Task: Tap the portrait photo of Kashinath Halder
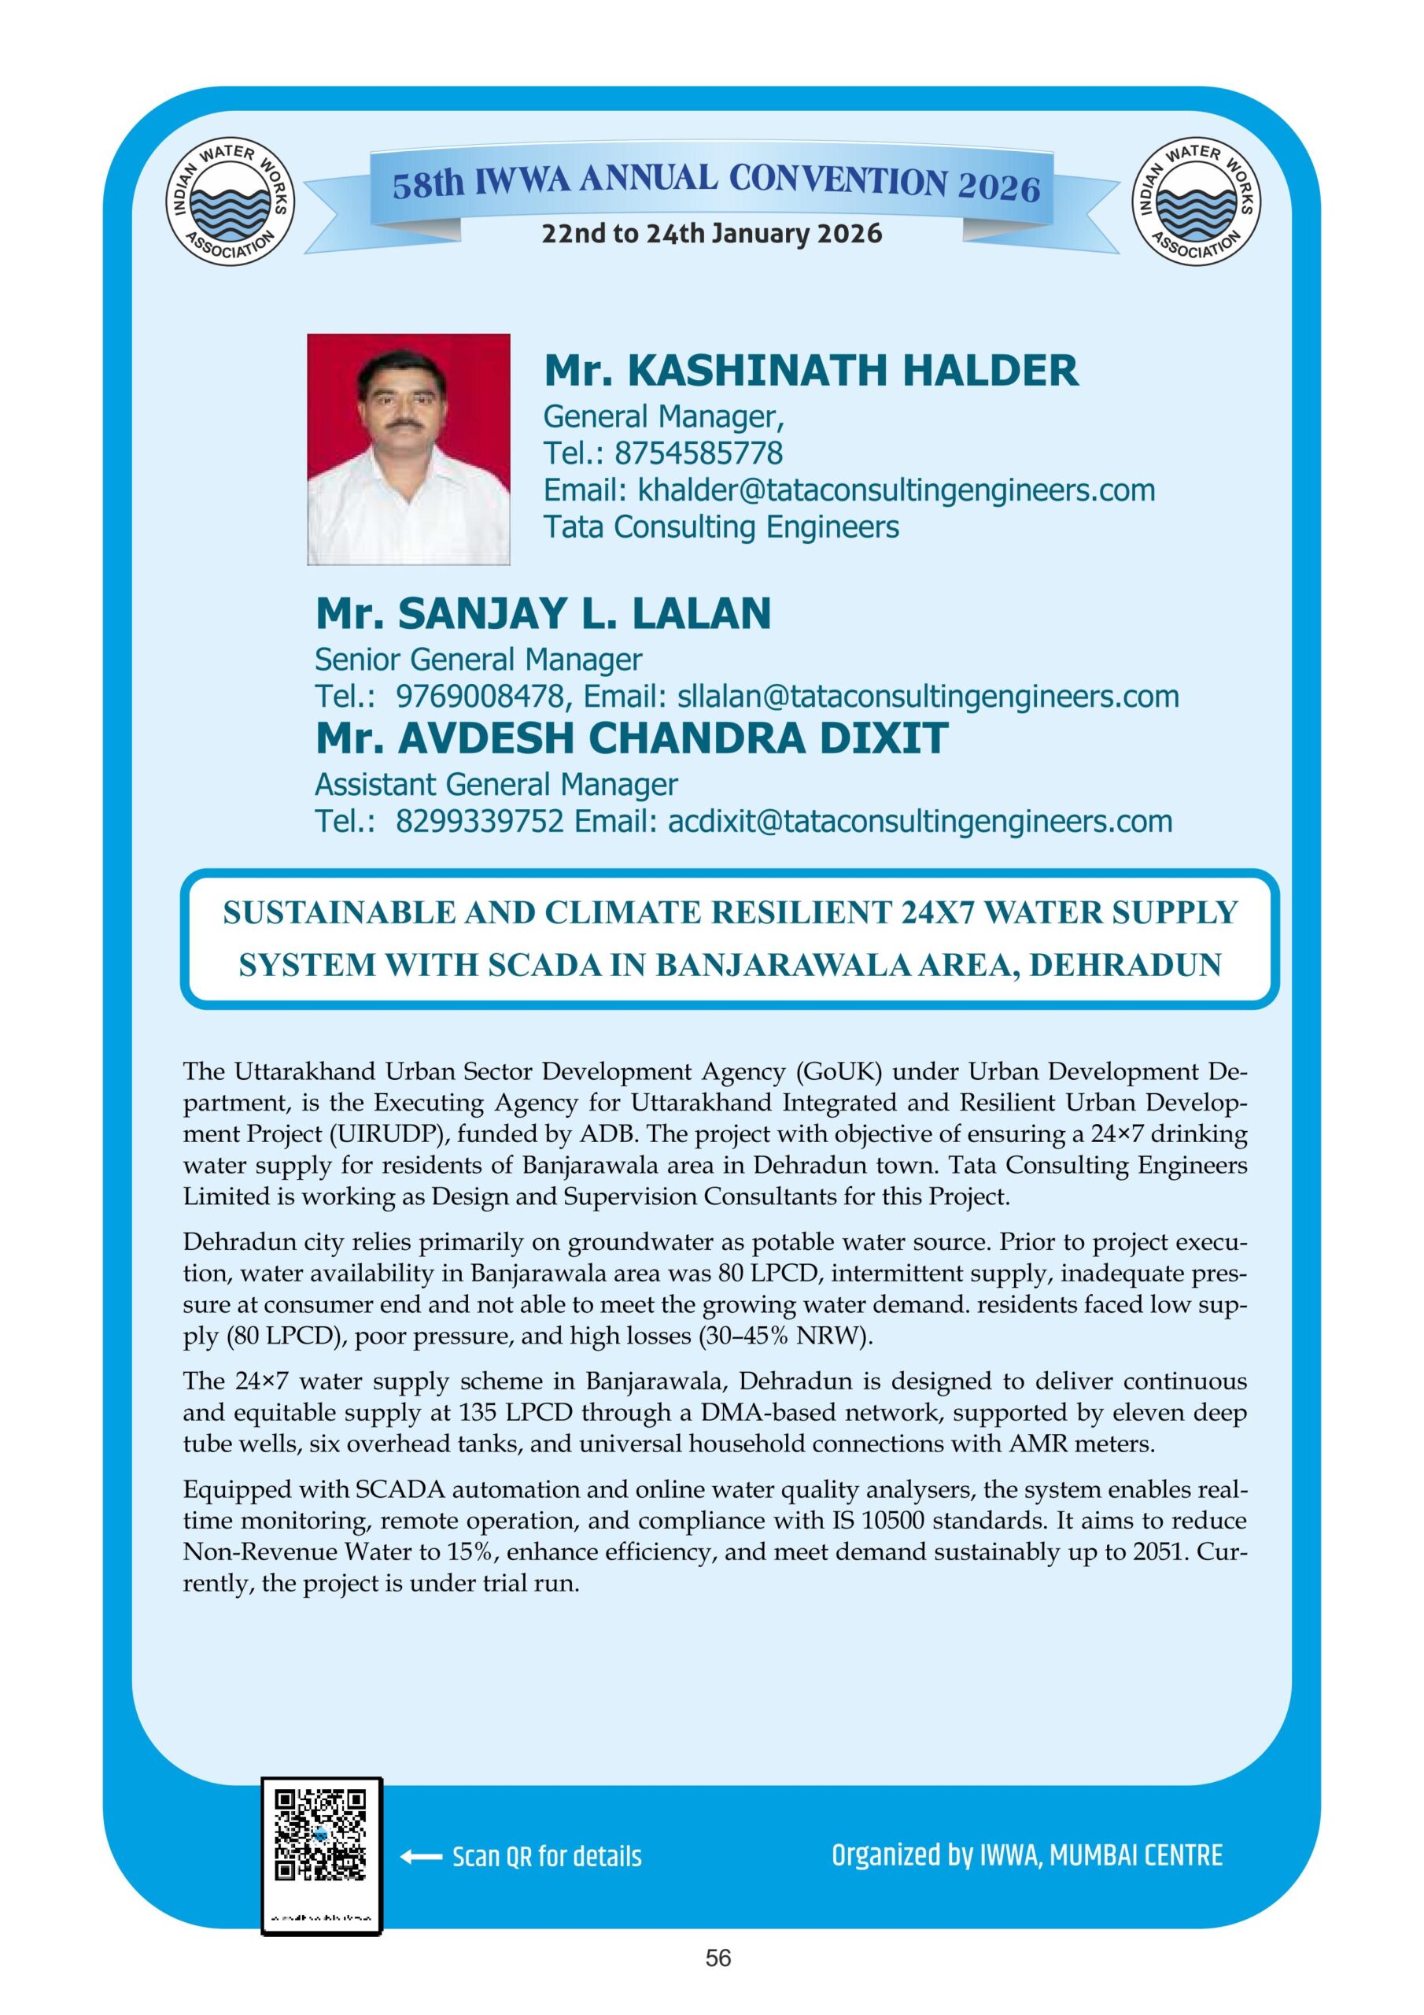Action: coord(408,449)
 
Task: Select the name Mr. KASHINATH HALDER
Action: coord(810,371)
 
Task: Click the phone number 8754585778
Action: coord(699,453)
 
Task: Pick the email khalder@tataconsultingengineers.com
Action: coord(896,490)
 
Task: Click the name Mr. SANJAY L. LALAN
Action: coord(543,613)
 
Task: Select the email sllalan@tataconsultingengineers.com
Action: coord(928,696)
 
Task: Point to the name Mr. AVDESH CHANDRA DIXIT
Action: coord(632,738)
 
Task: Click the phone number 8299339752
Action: coord(479,821)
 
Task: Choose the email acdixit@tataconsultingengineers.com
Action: coord(920,821)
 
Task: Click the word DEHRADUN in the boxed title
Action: coord(1125,964)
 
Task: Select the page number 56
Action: coord(718,1983)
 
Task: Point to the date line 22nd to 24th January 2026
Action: coord(711,235)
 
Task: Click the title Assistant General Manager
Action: coord(496,784)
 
